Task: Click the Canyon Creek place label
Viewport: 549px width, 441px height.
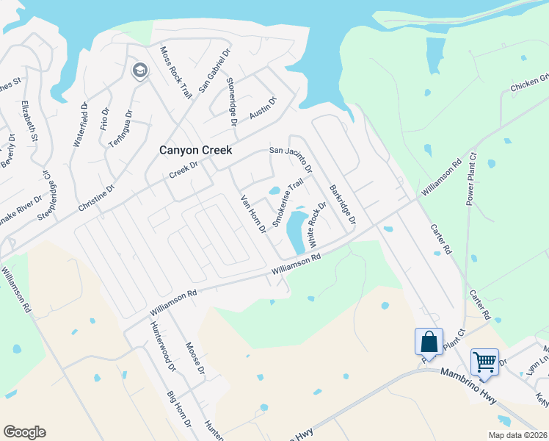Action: (196, 150)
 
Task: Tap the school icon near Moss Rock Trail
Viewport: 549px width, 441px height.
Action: (139, 71)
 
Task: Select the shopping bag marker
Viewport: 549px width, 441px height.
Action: (429, 342)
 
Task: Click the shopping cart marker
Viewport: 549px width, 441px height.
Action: (484, 362)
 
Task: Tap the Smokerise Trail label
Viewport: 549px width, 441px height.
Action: (288, 204)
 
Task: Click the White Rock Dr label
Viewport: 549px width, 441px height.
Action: (316, 225)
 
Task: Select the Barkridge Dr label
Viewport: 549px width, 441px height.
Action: (342, 204)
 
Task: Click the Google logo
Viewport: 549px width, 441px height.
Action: (24, 432)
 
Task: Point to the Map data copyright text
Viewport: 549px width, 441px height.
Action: (517, 435)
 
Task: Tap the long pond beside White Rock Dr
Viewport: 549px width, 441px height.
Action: (296, 230)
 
